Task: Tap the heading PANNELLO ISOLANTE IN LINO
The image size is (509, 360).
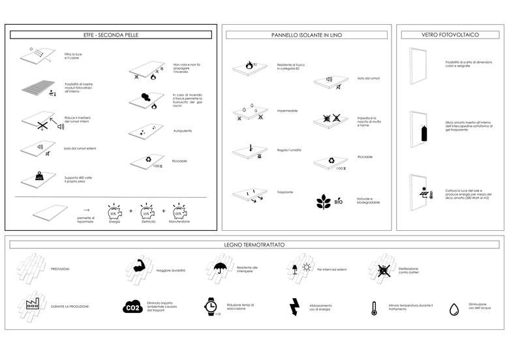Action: (x=306, y=35)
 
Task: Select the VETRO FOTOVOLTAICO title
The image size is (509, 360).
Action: (x=450, y=35)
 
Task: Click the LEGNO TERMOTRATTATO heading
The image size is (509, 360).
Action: (x=254, y=245)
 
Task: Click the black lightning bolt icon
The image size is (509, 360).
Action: (x=294, y=307)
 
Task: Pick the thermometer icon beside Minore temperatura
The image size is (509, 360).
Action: (x=375, y=308)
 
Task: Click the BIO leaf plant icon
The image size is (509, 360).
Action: (x=324, y=201)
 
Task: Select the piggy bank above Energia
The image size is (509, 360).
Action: (x=114, y=211)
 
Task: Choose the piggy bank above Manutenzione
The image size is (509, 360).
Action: (x=178, y=211)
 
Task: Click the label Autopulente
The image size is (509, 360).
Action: (x=183, y=130)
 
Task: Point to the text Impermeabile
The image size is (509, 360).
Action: (x=287, y=111)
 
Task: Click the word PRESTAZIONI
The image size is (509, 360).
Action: (x=59, y=269)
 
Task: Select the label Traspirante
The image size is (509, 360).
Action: (x=285, y=192)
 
